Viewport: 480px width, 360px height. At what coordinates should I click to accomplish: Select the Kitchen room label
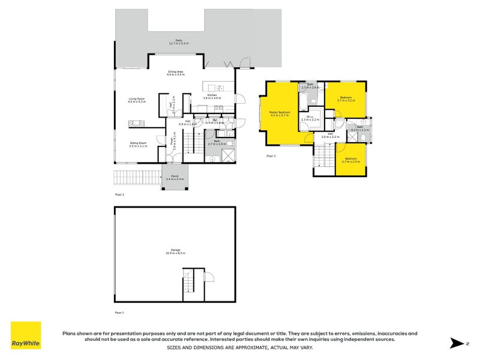click(212, 96)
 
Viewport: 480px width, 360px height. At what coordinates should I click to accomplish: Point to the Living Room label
click(137, 100)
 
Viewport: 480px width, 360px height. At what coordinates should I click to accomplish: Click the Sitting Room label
click(139, 144)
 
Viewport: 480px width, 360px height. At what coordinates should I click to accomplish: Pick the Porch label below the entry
click(175, 178)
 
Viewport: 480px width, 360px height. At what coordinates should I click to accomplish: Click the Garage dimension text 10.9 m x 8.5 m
click(176, 253)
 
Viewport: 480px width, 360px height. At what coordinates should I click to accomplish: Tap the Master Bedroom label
click(280, 113)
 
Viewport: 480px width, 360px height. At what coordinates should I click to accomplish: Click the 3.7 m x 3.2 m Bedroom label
click(346, 99)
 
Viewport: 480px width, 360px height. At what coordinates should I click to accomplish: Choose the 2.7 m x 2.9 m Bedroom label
click(350, 161)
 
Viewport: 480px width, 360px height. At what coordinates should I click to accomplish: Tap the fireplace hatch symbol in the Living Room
click(136, 124)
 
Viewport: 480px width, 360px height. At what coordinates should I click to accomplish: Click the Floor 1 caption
click(119, 313)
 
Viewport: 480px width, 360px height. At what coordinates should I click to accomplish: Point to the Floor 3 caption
click(271, 156)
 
